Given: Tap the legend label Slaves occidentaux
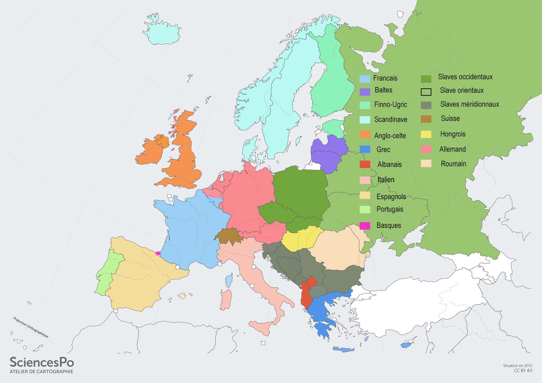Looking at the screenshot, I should coord(465,77).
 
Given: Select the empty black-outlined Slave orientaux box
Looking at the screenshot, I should coord(426,92).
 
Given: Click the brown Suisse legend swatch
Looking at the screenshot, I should coord(426,119).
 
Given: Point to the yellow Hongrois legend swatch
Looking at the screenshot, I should coord(426,134).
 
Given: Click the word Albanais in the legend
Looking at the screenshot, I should coord(389,165).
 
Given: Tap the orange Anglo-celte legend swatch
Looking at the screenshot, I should coord(364,135).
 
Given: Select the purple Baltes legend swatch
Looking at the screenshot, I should coord(364,92).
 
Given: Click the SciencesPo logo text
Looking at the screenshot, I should coord(41,362).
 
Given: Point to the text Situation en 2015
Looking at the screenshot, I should coord(518,366).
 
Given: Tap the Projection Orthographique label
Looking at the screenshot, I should coord(30,327).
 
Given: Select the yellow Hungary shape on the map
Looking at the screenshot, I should coord(301,238).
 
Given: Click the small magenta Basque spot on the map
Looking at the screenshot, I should coord(158,253).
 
